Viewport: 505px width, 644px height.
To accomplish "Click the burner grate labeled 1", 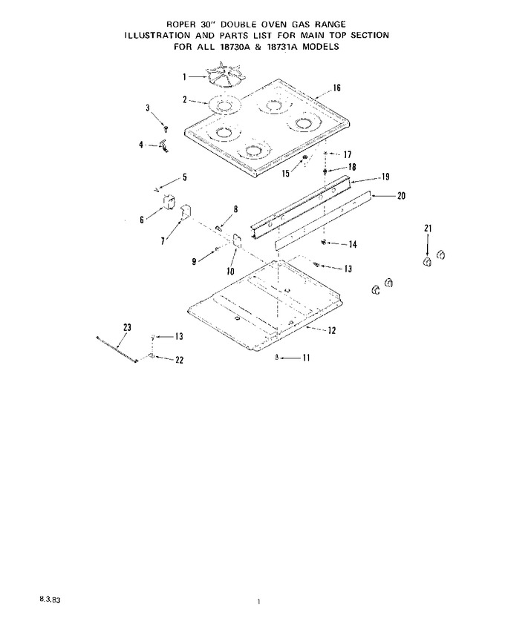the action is pos(225,76).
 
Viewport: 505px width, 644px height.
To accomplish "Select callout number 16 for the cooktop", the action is pos(336,88).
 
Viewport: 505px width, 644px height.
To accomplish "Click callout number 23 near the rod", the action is pos(127,327).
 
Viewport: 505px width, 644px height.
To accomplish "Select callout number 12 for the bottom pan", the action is pos(332,330).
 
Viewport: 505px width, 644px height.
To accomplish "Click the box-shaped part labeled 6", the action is pos(168,203).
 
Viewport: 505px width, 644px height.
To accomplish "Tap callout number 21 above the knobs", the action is pos(428,228).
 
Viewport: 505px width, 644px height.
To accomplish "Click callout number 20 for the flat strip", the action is pos(401,196).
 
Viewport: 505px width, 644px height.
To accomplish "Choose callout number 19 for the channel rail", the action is pos(385,177).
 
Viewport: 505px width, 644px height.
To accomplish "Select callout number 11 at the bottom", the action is pos(306,358).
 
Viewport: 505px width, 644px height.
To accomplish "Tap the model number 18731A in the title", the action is pos(283,47).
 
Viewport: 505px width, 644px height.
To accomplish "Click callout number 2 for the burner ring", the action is pos(185,99).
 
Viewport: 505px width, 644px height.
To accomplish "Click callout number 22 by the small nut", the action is pos(179,360).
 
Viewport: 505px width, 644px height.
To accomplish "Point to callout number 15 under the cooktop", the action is pos(285,174).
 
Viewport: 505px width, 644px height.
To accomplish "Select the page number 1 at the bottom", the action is pos(258,602).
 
